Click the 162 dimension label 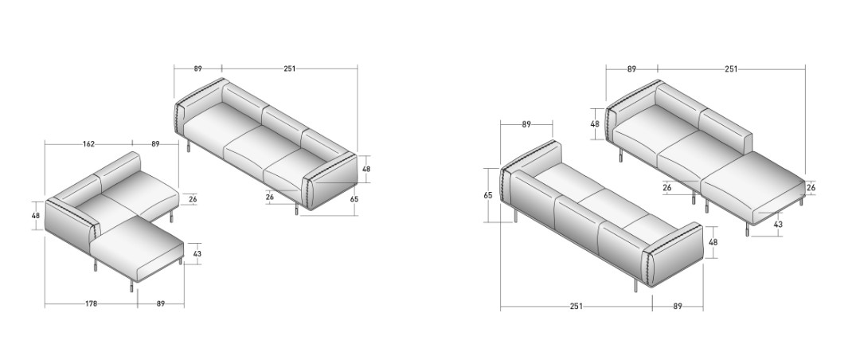pos(88,144)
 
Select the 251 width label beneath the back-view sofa pos(576,307)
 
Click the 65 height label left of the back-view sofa pos(488,195)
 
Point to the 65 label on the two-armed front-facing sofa pos(354,199)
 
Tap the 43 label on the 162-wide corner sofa pos(197,253)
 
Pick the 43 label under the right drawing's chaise pos(778,225)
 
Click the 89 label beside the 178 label pos(161,304)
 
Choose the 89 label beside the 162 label pos(155,144)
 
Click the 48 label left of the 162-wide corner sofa pos(36,216)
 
